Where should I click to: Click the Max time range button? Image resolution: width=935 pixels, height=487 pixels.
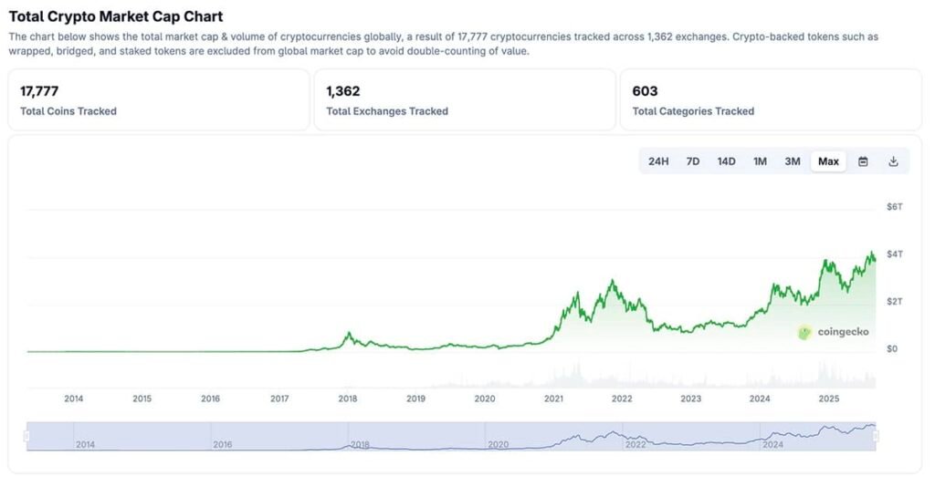coord(828,161)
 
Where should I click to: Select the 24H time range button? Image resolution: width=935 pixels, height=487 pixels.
coord(658,161)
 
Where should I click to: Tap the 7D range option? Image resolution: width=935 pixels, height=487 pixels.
coord(693,161)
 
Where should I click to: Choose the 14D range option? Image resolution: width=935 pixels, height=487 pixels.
coord(726,161)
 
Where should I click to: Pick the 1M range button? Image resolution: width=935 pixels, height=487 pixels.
coord(760,161)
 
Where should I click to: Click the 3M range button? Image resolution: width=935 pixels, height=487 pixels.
coord(793,161)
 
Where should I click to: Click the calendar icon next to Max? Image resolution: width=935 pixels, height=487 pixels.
coord(863,161)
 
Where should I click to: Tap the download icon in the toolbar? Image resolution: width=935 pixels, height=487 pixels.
coord(894,161)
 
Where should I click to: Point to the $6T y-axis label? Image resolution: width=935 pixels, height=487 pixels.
coord(894,207)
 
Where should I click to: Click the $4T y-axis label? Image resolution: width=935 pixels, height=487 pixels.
coord(894,254)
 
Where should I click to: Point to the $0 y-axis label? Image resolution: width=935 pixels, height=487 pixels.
coord(892,348)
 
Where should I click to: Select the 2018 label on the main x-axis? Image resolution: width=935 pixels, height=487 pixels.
coord(347,399)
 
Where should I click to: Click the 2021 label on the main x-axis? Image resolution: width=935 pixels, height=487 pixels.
coord(553,399)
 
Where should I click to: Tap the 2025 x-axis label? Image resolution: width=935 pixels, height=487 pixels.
coord(828,399)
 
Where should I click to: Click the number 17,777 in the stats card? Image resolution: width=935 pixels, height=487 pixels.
coord(39,91)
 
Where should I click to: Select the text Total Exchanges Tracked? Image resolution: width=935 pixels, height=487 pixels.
coord(387,111)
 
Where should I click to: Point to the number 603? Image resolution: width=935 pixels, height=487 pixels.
coord(645,91)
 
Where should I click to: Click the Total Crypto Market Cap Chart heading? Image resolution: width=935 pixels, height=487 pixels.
coord(116,16)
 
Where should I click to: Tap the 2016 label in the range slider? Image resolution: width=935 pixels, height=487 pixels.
coord(223,444)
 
